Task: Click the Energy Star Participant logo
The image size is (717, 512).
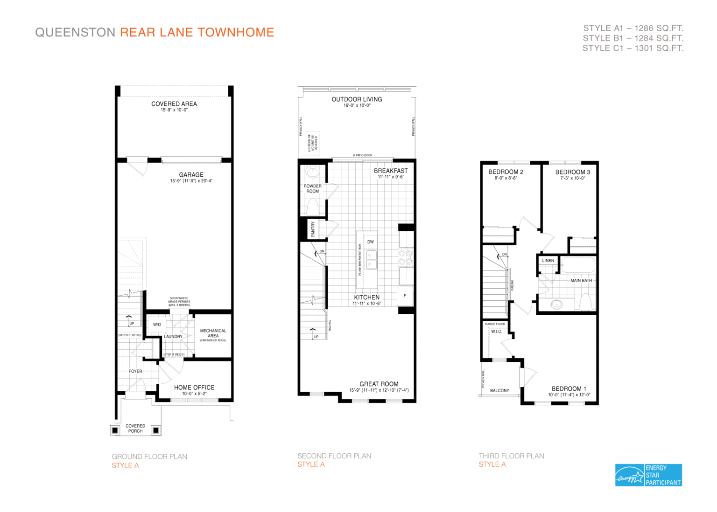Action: click(x=648, y=475)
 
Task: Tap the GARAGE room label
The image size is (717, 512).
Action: click(x=191, y=175)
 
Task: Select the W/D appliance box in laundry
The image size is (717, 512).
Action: click(x=157, y=325)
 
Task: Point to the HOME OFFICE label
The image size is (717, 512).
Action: click(x=194, y=387)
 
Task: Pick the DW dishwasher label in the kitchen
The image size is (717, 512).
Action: click(x=370, y=242)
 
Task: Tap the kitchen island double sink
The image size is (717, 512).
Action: click(x=371, y=260)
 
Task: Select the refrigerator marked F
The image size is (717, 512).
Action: click(x=405, y=296)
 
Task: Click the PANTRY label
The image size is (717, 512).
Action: click(x=313, y=229)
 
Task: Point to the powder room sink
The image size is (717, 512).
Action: click(x=312, y=172)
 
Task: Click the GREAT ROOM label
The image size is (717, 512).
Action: click(x=379, y=384)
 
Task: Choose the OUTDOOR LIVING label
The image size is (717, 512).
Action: click(x=357, y=99)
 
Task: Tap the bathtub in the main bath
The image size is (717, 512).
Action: click(x=578, y=265)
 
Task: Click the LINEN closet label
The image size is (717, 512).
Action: click(x=548, y=261)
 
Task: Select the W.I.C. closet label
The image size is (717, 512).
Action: click(x=496, y=332)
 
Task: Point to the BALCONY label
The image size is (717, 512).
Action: click(x=499, y=390)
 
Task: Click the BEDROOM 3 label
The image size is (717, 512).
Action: click(x=572, y=172)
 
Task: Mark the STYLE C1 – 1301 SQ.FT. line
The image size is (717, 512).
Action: click(x=633, y=48)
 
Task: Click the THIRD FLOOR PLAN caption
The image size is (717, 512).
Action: click(x=511, y=456)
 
